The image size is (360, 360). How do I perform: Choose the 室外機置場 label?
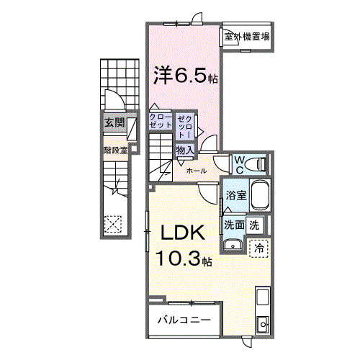246,37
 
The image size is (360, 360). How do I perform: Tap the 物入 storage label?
184,150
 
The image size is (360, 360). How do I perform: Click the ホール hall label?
197,171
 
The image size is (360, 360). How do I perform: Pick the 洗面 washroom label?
234,224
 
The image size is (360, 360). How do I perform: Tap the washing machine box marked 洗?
255,224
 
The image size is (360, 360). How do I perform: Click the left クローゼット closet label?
161,120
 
